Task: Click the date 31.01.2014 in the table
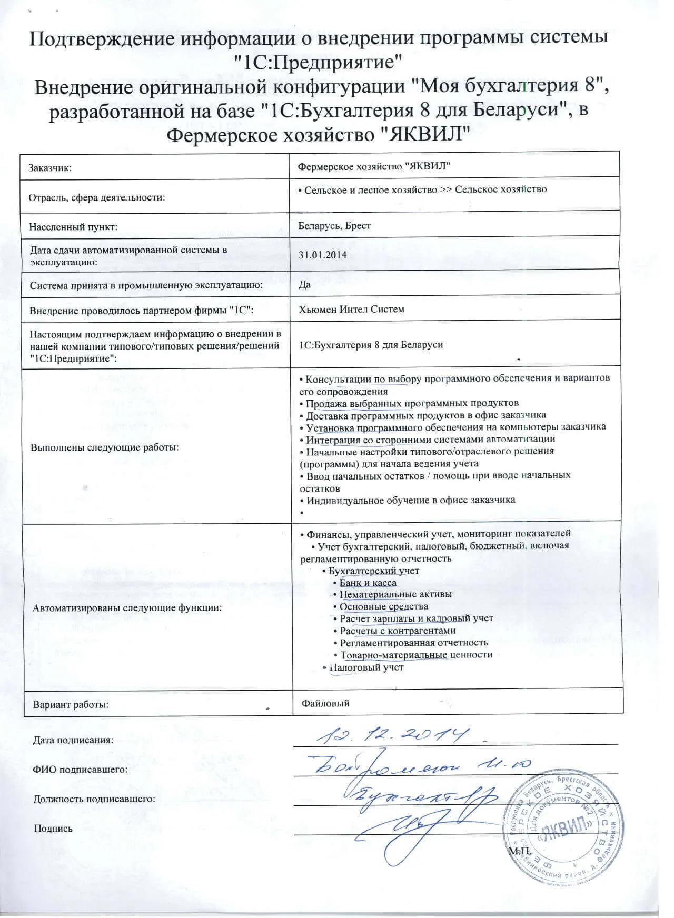tap(322, 255)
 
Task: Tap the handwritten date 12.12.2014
tap(393, 735)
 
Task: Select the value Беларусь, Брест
tap(334, 226)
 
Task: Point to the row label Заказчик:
tap(50, 168)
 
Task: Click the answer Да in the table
tap(304, 284)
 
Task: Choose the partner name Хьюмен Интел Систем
tap(351, 309)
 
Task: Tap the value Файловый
tap(325, 703)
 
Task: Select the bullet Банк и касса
tap(368, 583)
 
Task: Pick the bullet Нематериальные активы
tap(395, 595)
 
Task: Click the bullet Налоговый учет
tap(366, 667)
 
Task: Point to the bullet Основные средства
tap(384, 607)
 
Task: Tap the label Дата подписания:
tap(73, 740)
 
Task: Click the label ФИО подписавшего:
tap(81, 770)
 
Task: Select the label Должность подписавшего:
tap(94, 799)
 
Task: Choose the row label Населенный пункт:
tap(73, 227)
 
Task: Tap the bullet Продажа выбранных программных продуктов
tap(412, 403)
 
